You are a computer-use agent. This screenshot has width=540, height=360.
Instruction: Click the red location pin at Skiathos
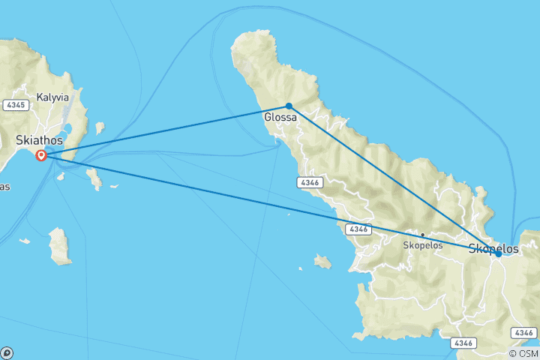coord(42,155)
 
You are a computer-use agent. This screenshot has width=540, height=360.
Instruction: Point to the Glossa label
coord(280,118)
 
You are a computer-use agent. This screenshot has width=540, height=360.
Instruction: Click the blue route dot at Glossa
coord(289,106)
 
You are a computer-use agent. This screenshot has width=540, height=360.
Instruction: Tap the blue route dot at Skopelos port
coord(498,253)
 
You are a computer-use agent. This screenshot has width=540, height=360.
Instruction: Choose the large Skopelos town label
coord(493,247)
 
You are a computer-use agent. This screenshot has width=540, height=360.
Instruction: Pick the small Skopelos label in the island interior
coord(422,245)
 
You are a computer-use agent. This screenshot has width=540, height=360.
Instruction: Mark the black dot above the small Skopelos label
coord(422,235)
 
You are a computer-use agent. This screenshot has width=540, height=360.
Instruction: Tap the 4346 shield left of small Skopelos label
coord(358,229)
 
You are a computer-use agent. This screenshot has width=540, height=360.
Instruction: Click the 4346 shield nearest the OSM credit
coord(523,332)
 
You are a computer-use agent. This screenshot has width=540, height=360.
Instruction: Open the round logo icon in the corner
coord(6,353)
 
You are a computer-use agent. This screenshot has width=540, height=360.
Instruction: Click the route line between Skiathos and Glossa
coord(165,130)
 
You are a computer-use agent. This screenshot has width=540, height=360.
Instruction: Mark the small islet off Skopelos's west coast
coord(322,262)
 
